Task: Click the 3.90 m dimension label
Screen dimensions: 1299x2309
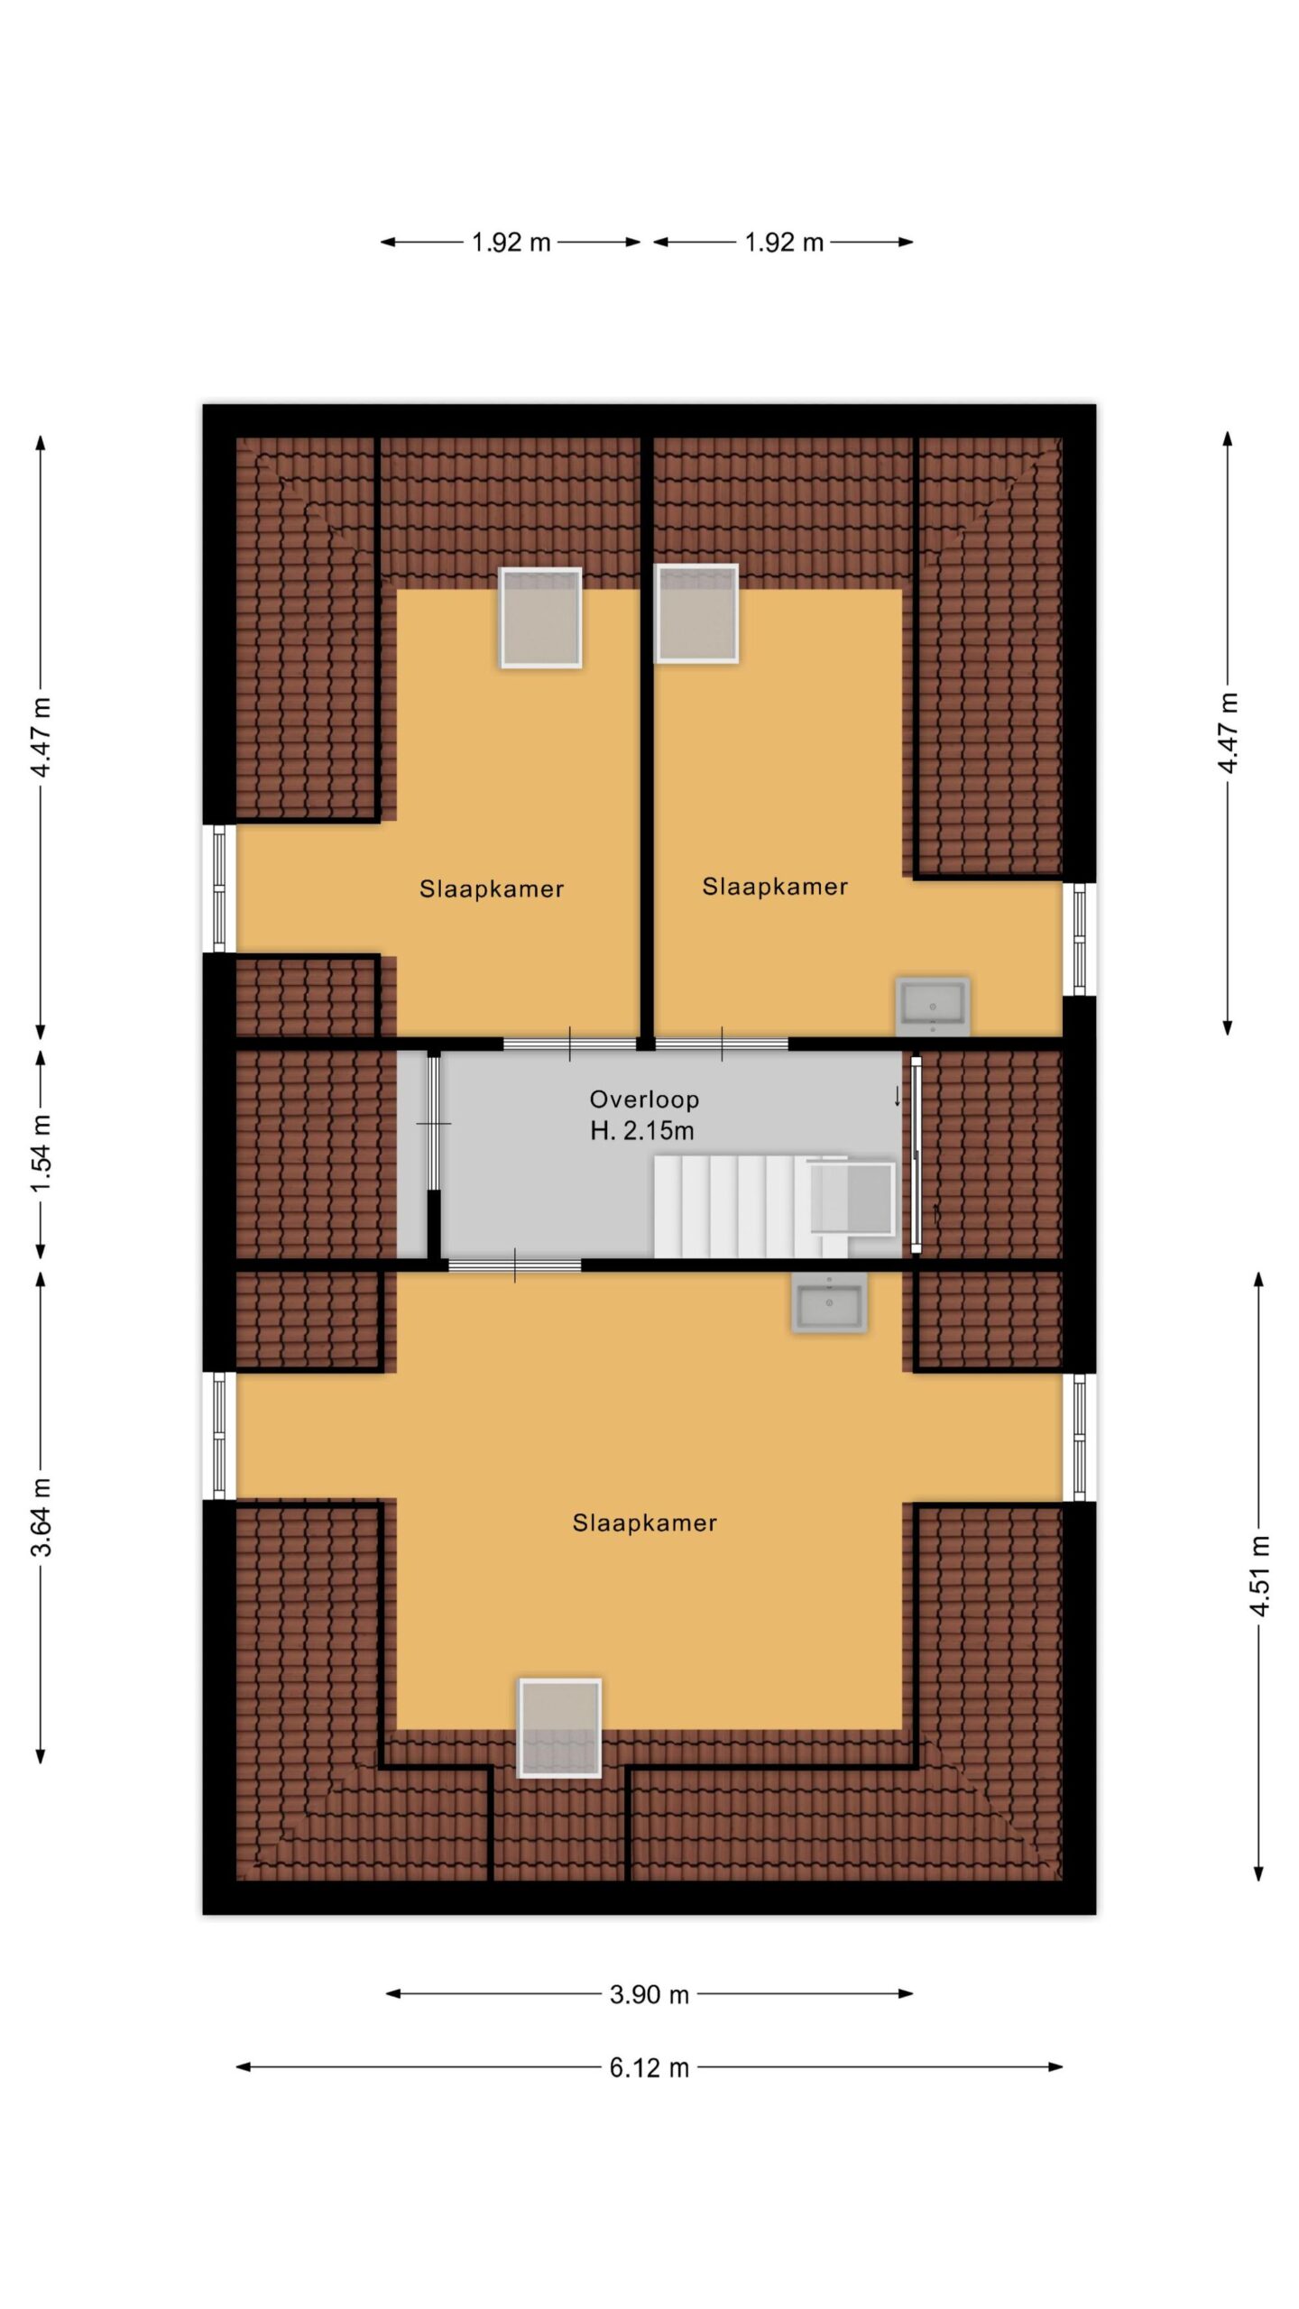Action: click(x=649, y=1994)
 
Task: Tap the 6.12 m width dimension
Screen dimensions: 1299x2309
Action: click(x=649, y=2067)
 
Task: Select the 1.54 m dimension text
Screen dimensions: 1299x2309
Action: click(x=41, y=1153)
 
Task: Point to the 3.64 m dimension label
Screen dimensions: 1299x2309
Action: click(x=41, y=1517)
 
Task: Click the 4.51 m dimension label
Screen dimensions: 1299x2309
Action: click(x=1259, y=1576)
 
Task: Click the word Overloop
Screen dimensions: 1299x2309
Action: click(x=644, y=1099)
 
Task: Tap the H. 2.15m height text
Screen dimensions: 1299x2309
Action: click(x=642, y=1130)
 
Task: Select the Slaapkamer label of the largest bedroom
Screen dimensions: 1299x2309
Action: click(x=644, y=1523)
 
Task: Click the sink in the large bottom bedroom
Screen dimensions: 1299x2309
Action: click(x=830, y=1302)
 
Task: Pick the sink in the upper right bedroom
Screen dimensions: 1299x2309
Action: click(x=933, y=1006)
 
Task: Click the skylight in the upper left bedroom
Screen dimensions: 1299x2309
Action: click(x=540, y=618)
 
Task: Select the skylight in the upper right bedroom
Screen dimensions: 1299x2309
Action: click(x=696, y=613)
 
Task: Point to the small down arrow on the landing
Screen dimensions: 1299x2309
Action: click(x=897, y=1096)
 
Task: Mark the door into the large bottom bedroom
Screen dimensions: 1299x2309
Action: click(x=515, y=1265)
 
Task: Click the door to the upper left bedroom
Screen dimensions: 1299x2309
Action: click(x=570, y=1044)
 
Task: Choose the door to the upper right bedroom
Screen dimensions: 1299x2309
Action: click(x=722, y=1044)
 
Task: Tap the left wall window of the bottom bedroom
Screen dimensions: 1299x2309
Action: click(x=219, y=1436)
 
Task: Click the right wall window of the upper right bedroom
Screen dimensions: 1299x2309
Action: click(x=1079, y=939)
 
